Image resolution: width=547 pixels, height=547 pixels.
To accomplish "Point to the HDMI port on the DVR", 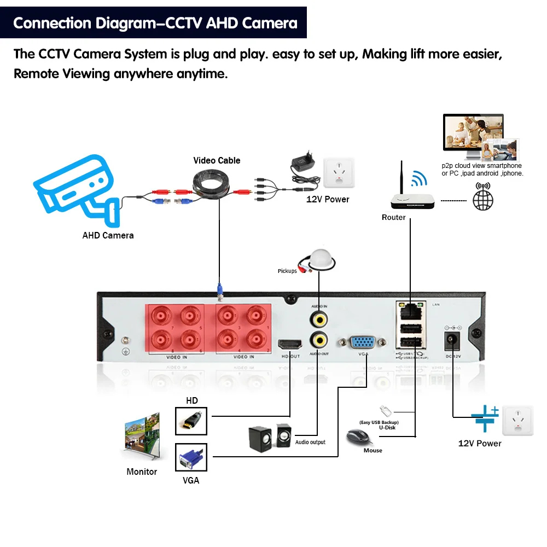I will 290,345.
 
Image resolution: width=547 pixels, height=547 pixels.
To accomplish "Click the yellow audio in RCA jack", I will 318,318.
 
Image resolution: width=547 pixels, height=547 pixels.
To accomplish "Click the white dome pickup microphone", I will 319,259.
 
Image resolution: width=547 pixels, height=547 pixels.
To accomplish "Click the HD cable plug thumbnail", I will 191,421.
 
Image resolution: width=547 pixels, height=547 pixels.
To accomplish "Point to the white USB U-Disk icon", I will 384,411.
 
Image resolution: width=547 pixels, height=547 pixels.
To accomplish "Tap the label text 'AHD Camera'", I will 108,236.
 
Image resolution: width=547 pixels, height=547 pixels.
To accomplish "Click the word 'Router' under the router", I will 393,218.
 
